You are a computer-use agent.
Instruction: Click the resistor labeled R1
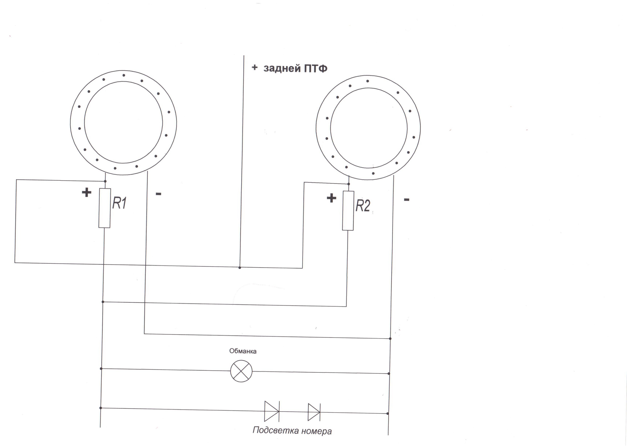coord(104,208)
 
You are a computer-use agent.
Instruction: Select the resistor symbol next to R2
coord(348,211)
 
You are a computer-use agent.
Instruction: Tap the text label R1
coord(119,203)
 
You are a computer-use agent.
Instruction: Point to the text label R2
coord(363,206)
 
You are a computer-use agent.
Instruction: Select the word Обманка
coord(243,351)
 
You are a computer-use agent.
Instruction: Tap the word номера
coord(316,431)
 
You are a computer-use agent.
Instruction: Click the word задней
coord(282,68)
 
